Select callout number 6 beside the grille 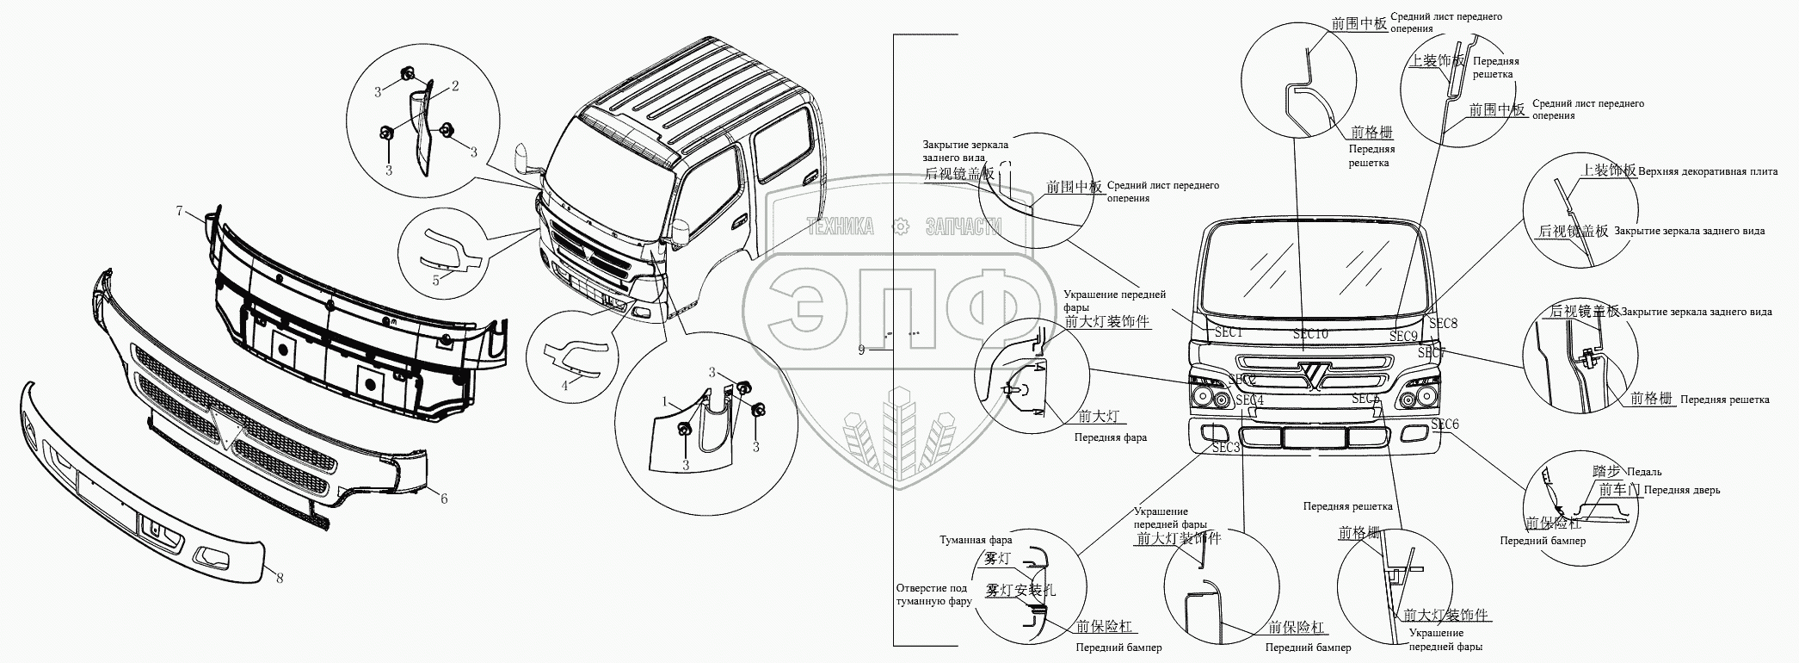coord(444,499)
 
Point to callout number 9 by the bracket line coord(861,350)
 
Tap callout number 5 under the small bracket coord(436,280)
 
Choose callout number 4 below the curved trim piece coord(564,386)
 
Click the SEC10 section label coord(1310,334)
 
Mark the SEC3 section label coord(1226,448)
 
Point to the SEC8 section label coord(1443,324)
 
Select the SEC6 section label coord(1445,424)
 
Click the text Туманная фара coord(976,541)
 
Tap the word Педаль coord(1645,472)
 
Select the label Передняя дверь coord(1682,491)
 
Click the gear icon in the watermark coord(901,226)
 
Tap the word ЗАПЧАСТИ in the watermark coord(964,226)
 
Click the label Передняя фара coord(1110,437)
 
